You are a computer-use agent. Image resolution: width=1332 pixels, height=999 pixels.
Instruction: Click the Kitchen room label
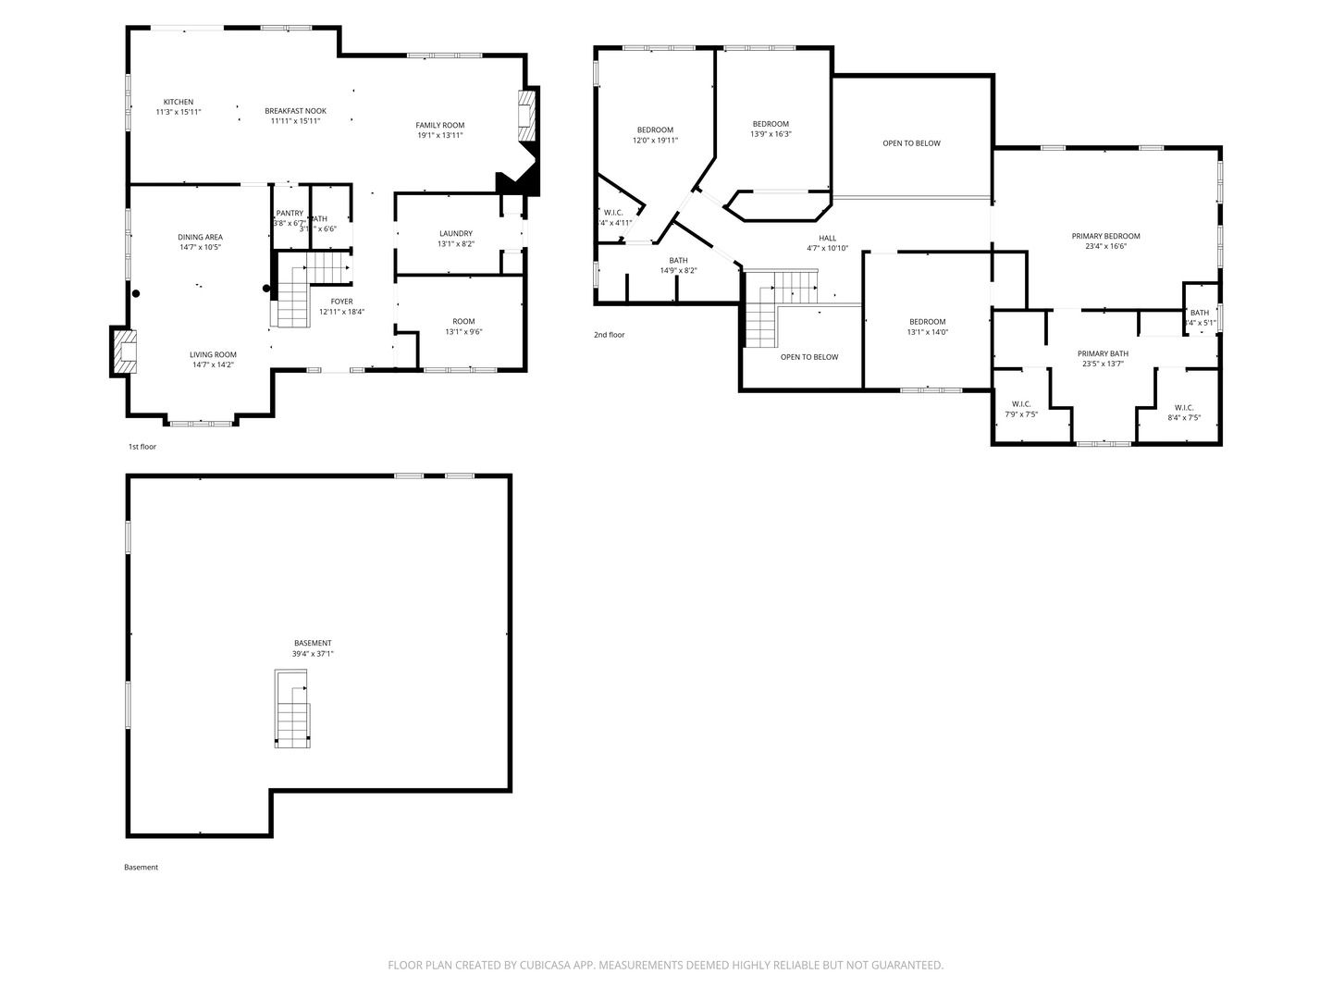[179, 102]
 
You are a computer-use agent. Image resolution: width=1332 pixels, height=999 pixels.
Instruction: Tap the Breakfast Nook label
[295, 111]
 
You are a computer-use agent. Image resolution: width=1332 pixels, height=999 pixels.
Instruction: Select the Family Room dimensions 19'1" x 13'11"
[439, 135]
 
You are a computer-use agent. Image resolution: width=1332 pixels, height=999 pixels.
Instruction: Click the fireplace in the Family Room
[526, 114]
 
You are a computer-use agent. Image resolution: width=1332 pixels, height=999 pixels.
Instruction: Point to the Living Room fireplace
[124, 351]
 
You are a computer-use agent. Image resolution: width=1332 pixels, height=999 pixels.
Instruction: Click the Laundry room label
[456, 234]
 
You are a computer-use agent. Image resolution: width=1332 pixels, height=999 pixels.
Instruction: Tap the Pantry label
[290, 213]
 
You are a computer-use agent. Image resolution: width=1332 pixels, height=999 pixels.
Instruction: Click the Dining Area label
[200, 238]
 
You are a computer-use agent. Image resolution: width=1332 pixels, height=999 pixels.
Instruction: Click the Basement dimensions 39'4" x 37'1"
[313, 654]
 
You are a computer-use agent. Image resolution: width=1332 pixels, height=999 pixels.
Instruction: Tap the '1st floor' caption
[142, 447]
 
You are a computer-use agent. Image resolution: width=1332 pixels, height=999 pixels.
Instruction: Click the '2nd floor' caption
[610, 335]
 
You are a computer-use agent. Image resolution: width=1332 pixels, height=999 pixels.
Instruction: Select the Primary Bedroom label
[1105, 236]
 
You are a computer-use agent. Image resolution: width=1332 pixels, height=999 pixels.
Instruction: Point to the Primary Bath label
[1103, 353]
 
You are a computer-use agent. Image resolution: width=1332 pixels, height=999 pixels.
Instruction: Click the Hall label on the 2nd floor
[827, 239]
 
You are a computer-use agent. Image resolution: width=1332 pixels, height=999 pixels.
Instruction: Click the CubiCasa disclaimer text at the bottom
[665, 965]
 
